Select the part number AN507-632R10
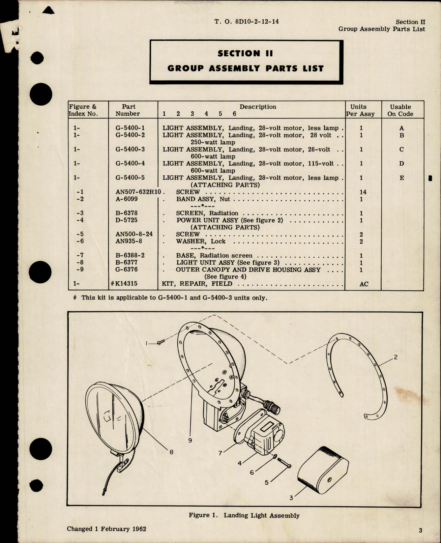tap(139, 192)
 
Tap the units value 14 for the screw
tap(363, 192)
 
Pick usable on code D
tap(401, 164)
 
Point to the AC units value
tap(363, 284)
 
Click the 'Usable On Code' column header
tap(400, 110)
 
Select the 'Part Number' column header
tap(128, 110)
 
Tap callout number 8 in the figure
tap(171, 452)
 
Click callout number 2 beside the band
tap(395, 357)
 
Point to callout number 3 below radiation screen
tap(291, 497)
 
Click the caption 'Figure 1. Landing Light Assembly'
tap(244, 515)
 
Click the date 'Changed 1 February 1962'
tap(107, 529)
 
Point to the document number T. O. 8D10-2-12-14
tap(246, 22)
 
